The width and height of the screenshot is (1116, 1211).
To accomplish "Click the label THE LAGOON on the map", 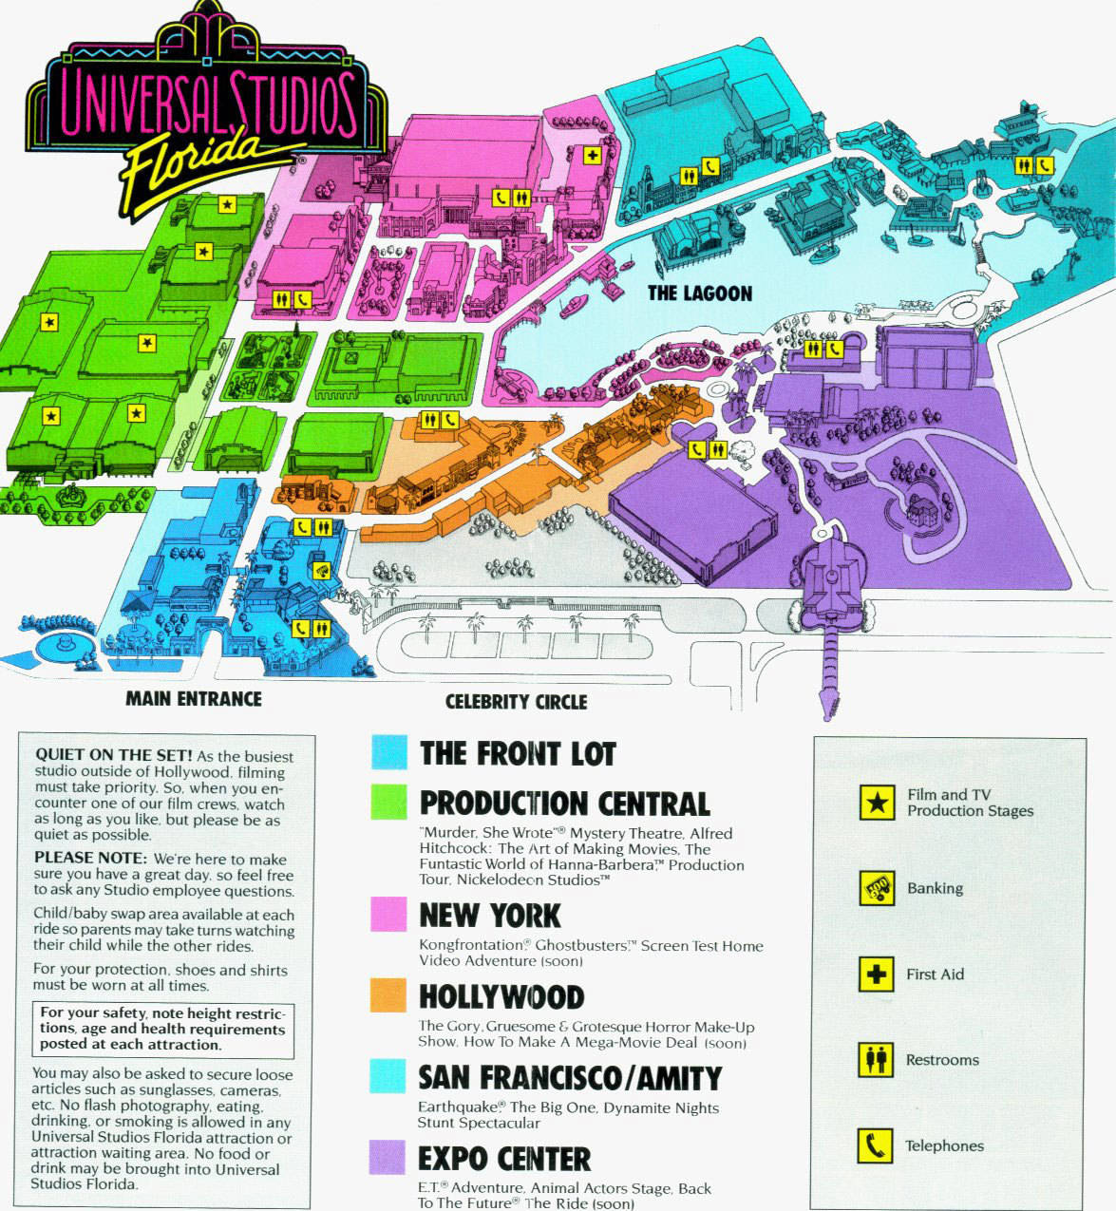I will [x=699, y=293].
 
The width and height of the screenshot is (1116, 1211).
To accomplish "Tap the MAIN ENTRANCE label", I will [x=193, y=699].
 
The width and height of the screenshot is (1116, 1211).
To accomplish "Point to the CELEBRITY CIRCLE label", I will [x=516, y=702].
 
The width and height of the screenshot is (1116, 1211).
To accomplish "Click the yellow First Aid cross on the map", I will [x=593, y=155].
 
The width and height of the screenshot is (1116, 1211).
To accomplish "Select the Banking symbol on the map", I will [x=323, y=570].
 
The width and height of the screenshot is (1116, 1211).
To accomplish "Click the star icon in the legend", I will [x=877, y=803].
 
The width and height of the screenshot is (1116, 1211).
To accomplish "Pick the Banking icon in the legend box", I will [x=877, y=888].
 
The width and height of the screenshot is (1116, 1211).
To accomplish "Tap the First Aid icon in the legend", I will [x=877, y=974].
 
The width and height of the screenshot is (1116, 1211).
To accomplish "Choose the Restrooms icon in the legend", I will [x=877, y=1059].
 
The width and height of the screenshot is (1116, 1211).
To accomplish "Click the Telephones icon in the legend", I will [x=877, y=1145].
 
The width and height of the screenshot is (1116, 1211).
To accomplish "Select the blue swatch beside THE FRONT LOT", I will [x=389, y=752].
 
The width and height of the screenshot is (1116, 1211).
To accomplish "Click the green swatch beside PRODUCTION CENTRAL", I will [x=389, y=801].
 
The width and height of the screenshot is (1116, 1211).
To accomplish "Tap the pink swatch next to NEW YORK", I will [x=388, y=914].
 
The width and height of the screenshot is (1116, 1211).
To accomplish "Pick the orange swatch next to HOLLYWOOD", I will [x=388, y=995].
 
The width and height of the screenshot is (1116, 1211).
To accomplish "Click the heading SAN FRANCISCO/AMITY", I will [x=570, y=1078].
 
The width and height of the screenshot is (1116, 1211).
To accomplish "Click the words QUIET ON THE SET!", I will [x=113, y=755].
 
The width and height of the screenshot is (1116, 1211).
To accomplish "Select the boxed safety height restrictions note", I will [x=162, y=1029].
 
